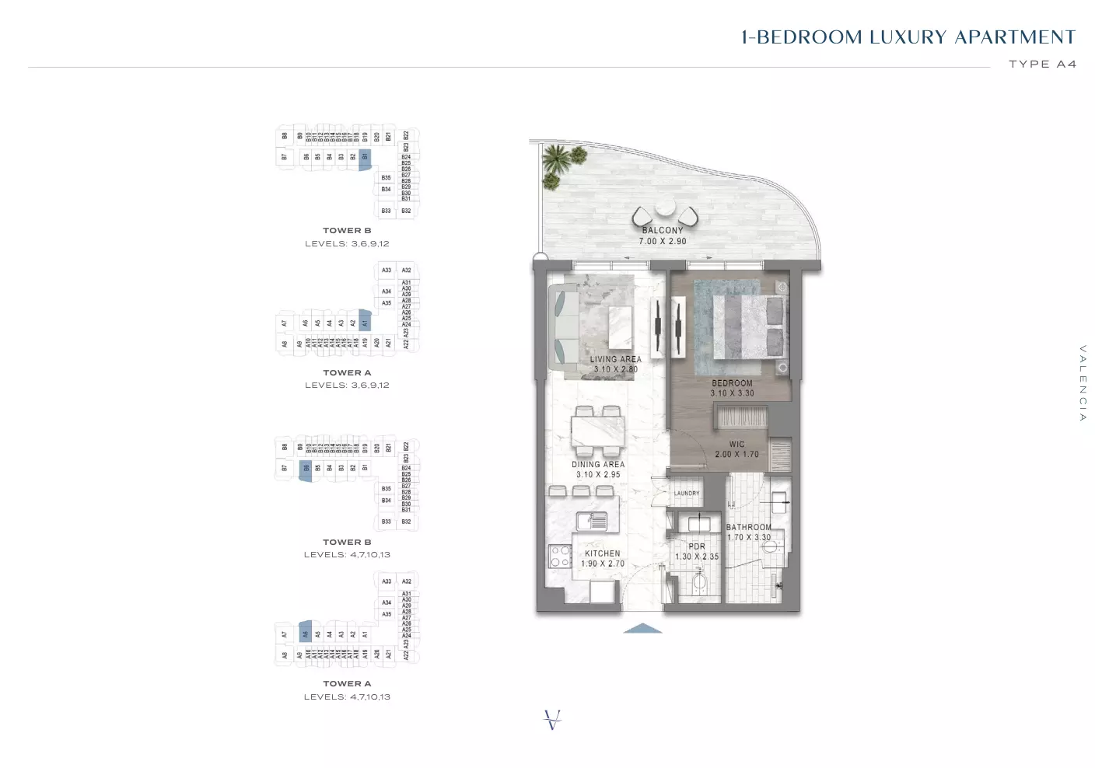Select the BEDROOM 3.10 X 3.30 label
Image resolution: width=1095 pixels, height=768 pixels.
click(x=732, y=388)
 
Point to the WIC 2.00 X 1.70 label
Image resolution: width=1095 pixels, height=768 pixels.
click(x=736, y=449)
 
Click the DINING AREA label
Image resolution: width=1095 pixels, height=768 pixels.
click(x=597, y=470)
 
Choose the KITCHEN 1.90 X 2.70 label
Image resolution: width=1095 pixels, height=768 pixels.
click(x=602, y=558)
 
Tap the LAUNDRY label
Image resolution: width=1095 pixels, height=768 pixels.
click(x=687, y=494)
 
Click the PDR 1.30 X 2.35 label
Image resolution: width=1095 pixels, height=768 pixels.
click(x=697, y=552)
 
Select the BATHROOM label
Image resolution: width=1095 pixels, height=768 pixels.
click(x=749, y=532)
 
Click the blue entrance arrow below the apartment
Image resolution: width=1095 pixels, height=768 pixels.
click(x=643, y=628)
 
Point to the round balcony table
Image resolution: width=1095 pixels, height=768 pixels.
click(x=666, y=209)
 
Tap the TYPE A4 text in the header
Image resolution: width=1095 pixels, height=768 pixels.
click(x=1042, y=64)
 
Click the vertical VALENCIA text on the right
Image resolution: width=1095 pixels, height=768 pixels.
click(x=1082, y=383)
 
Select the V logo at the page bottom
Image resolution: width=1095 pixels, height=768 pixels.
click(x=552, y=720)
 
